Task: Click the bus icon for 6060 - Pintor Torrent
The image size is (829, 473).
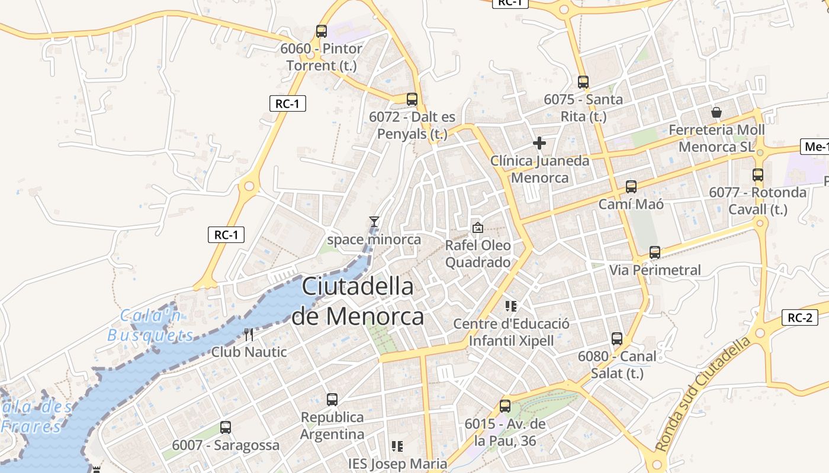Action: (322, 31)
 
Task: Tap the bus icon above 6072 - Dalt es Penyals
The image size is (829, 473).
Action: (412, 99)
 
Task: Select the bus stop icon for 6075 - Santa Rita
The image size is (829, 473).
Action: (583, 82)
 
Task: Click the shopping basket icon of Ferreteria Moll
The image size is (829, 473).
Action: (716, 112)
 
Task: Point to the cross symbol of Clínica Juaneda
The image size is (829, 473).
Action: (539, 143)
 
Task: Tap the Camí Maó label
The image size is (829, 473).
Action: (631, 205)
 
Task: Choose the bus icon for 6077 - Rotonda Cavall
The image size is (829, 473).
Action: (758, 175)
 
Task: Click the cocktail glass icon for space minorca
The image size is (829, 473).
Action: (374, 222)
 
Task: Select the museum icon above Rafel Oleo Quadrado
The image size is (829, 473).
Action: (477, 227)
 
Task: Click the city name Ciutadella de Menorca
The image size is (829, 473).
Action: (358, 302)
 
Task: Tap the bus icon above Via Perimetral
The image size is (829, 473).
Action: (655, 252)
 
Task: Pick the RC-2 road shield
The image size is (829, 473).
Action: (799, 318)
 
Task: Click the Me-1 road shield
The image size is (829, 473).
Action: (816, 147)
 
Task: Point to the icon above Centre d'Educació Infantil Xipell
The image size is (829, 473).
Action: (511, 306)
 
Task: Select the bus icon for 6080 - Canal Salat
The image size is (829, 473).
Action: (617, 339)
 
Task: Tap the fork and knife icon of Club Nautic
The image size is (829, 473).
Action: (249, 335)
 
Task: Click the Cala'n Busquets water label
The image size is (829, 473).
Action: (151, 326)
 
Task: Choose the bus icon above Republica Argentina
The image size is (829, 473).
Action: (332, 400)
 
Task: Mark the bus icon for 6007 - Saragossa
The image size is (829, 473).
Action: (226, 427)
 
